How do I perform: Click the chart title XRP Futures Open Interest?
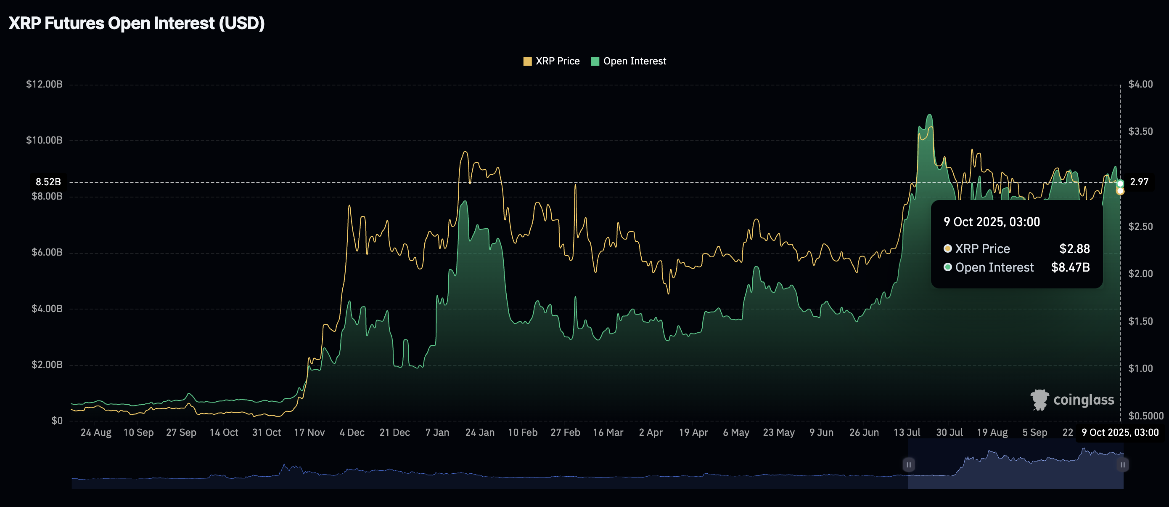(136, 23)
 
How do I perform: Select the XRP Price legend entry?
(551, 61)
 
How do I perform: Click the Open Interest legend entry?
(629, 61)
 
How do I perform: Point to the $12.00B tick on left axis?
(44, 84)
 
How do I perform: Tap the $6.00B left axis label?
(47, 252)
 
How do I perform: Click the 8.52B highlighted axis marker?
(48, 182)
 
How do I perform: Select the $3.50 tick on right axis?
(1140, 131)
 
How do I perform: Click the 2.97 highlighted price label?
(1139, 182)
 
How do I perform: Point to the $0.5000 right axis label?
(1146, 416)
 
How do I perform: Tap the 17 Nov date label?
(309, 432)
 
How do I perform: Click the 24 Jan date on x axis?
(480, 432)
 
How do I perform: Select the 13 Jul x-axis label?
(907, 432)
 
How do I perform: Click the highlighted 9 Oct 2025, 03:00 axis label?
(1120, 432)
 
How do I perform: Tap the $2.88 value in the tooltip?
(1074, 248)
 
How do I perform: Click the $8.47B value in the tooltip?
(1070, 267)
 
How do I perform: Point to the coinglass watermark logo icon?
(1039, 400)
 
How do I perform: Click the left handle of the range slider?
(909, 464)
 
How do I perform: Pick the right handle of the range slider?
(1122, 464)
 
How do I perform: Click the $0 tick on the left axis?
(57, 421)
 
